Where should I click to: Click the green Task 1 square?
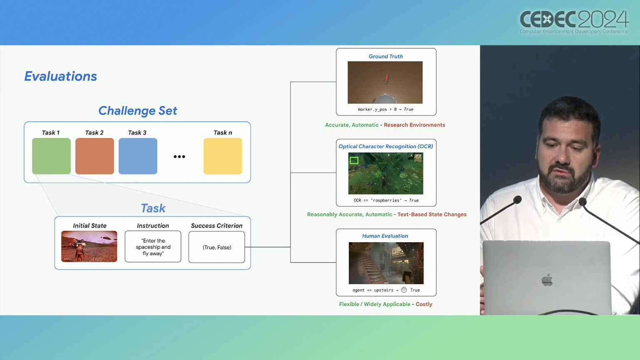click(51, 156)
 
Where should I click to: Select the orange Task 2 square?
click(94, 156)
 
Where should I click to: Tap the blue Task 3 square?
click(138, 156)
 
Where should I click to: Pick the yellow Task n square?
click(223, 156)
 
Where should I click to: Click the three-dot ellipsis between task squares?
click(179, 156)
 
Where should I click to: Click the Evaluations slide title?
click(61, 76)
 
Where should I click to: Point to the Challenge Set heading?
click(138, 111)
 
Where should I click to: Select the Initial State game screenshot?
click(89, 246)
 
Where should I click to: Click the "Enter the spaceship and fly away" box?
click(153, 246)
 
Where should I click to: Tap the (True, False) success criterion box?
click(216, 247)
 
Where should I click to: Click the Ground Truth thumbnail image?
click(385, 82)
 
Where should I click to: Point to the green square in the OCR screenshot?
click(354, 160)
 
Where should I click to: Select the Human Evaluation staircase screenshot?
click(386, 263)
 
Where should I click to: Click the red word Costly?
click(424, 304)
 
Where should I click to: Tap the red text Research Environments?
click(414, 125)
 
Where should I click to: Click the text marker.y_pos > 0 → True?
click(386, 109)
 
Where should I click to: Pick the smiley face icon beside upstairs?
click(404, 290)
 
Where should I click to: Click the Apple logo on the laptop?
click(547, 280)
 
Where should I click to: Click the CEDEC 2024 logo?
click(574, 22)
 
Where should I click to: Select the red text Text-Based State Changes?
click(432, 215)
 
